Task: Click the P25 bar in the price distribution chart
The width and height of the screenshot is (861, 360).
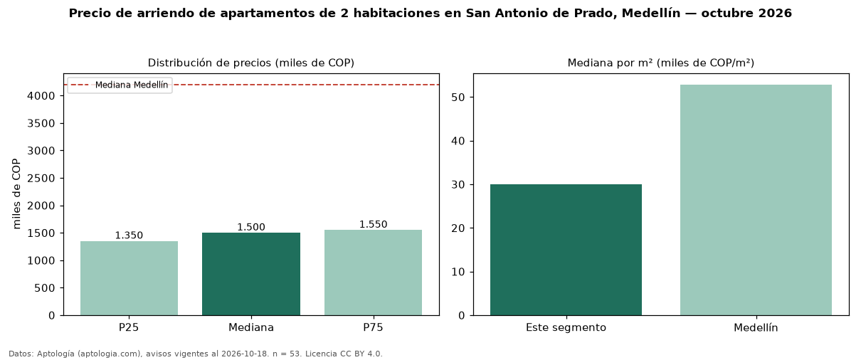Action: pyautogui.click(x=129, y=278)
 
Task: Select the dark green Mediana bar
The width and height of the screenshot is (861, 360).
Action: pyautogui.click(x=251, y=274)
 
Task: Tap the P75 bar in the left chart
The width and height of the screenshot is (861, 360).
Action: pyautogui.click(x=373, y=272)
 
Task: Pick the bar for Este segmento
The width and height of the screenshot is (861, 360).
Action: pyautogui.click(x=566, y=250)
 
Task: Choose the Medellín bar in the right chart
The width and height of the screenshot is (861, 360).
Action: pyautogui.click(x=756, y=200)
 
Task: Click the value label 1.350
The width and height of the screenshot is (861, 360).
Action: pyautogui.click(x=129, y=235)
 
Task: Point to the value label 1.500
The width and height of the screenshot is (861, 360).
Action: pyautogui.click(x=251, y=227)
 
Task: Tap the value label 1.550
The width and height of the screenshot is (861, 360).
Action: pyautogui.click(x=373, y=224)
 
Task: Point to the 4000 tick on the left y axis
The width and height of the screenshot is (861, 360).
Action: pyautogui.click(x=41, y=96)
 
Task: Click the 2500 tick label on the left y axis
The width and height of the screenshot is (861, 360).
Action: pyautogui.click(x=41, y=179)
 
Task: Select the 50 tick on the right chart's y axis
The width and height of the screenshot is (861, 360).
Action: pyautogui.click(x=458, y=97)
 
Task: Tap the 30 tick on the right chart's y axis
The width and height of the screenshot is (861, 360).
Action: pyautogui.click(x=458, y=185)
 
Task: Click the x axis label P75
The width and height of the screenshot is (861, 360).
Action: pyautogui.click(x=373, y=327)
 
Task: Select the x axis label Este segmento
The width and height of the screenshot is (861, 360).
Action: pyautogui.click(x=566, y=328)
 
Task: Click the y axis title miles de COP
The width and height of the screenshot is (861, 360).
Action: pyautogui.click(x=16, y=194)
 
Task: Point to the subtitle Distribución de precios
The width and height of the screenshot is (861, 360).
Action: pyautogui.click(x=206, y=63)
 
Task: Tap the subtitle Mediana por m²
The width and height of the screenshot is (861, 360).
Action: pyautogui.click(x=610, y=63)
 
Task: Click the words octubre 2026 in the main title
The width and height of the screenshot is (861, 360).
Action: pyautogui.click(x=746, y=13)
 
